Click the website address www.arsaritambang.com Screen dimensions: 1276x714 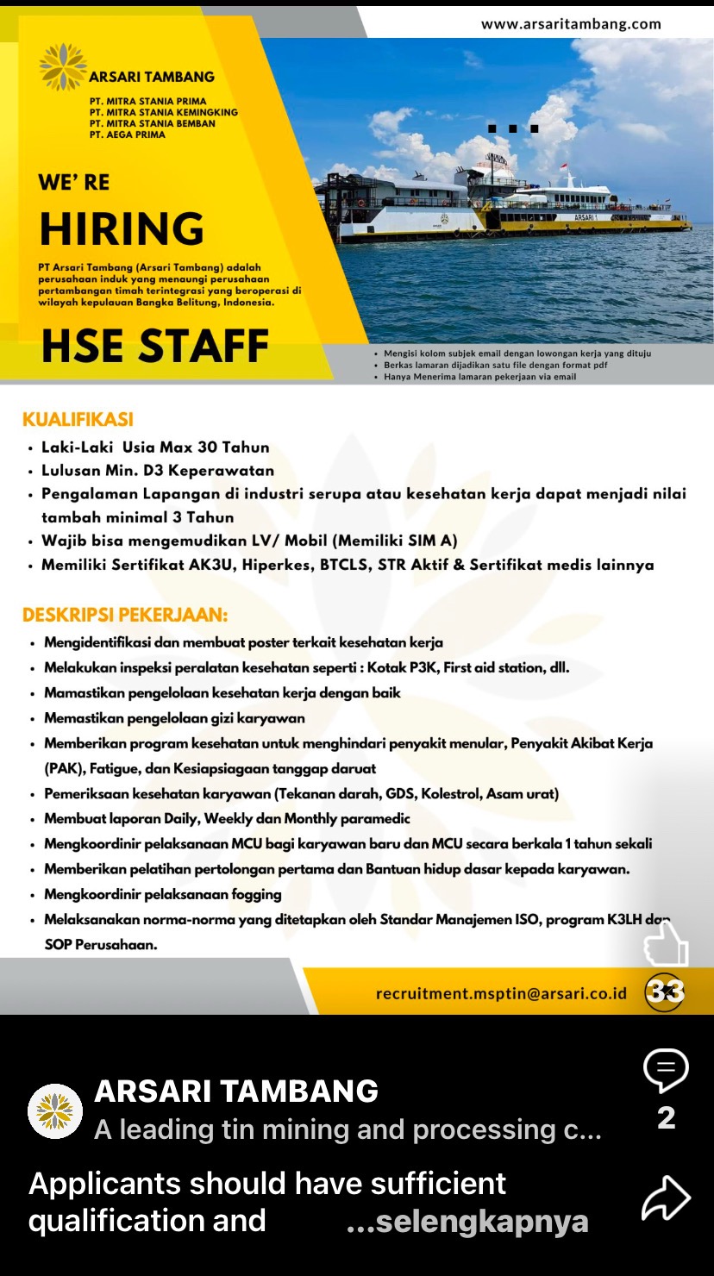(571, 24)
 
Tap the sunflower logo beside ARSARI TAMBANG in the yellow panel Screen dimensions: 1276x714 (63, 67)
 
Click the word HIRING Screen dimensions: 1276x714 (121, 229)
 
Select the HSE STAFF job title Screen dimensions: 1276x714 (155, 346)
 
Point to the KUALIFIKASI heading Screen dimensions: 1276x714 (78, 420)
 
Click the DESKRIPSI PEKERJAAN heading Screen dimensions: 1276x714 (125, 616)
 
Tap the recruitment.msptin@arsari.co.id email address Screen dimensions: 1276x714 (501, 993)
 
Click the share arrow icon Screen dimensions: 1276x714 (666, 1198)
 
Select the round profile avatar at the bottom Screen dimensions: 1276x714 (55, 1111)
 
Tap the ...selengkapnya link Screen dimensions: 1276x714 (467, 1221)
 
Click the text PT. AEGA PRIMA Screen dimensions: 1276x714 (127, 134)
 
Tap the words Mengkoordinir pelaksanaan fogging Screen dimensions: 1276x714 (163, 894)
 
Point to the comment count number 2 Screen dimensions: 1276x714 (666, 1118)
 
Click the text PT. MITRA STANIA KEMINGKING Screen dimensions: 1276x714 (163, 112)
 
